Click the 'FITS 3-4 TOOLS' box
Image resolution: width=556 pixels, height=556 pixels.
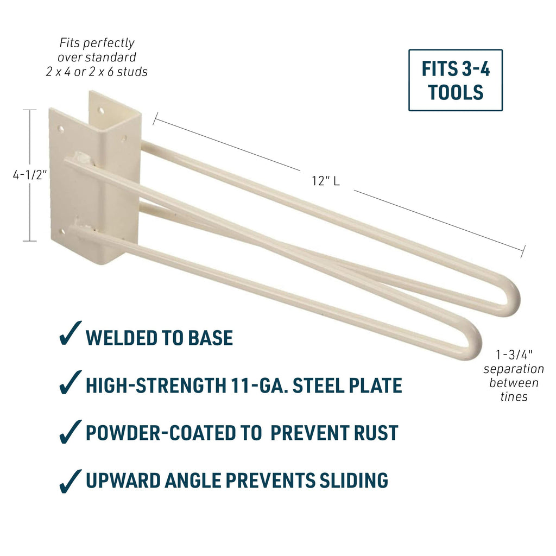coord(455,80)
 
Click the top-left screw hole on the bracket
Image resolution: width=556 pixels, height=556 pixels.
coord(61,130)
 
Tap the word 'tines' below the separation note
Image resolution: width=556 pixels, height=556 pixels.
coord(514,397)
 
